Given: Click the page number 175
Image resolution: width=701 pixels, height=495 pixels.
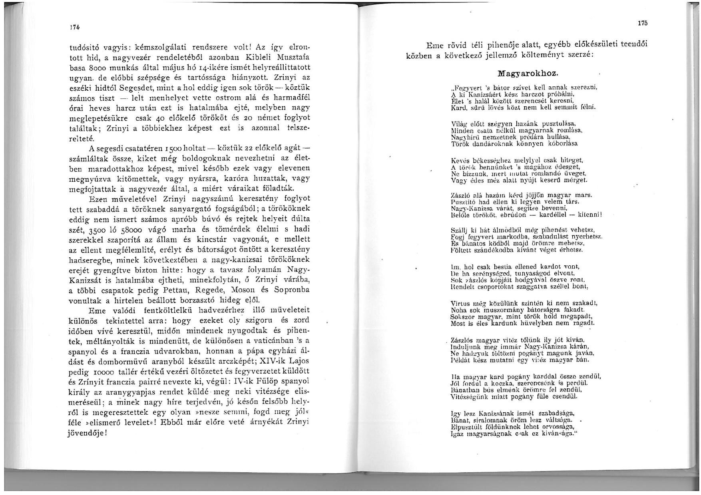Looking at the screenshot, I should pyautogui.click(x=642, y=24).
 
